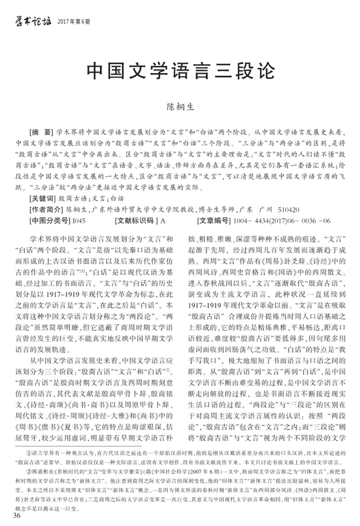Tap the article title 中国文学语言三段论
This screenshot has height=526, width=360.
coord(180,71)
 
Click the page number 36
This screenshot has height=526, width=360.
coord(17,516)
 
